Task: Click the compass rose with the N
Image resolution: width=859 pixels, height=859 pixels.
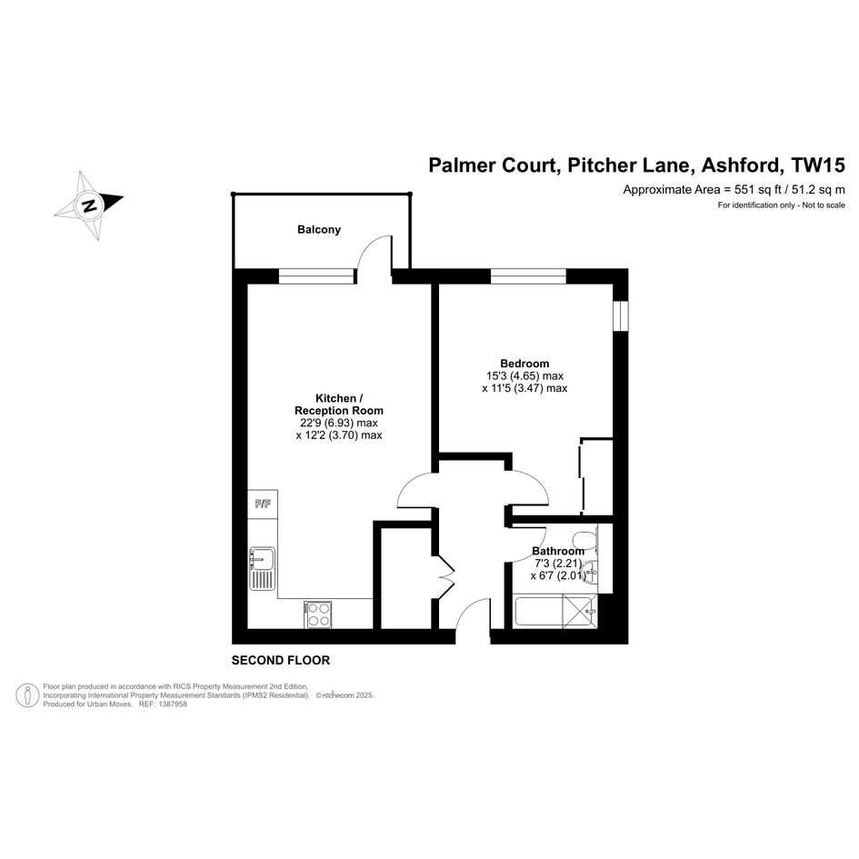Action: tap(88, 205)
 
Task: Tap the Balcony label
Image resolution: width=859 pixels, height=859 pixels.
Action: tap(319, 230)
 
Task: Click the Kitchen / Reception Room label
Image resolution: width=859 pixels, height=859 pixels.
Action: tap(339, 405)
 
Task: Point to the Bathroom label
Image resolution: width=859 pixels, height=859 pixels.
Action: tap(558, 551)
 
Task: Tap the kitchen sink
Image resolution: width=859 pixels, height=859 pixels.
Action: tap(262, 566)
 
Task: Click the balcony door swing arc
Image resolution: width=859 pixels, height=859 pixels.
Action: tap(373, 252)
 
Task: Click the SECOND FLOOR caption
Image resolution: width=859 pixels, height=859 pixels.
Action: tap(281, 660)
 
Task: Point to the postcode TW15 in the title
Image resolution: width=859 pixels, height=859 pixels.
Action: tap(818, 166)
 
